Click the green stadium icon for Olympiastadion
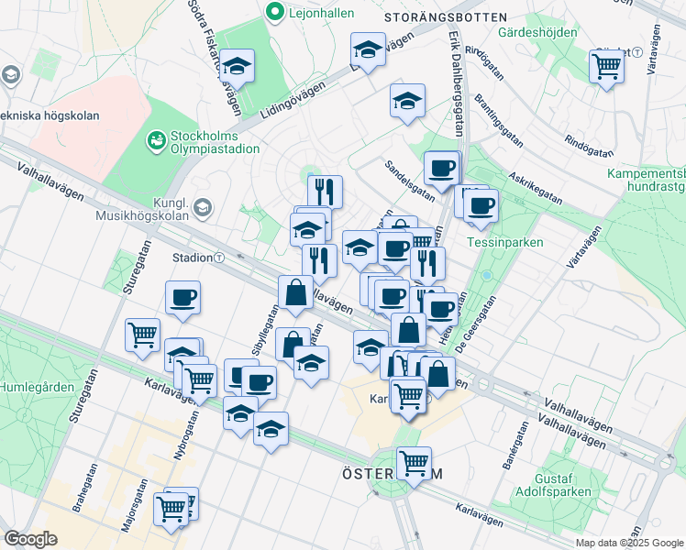click(158, 140)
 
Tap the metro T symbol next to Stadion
click(219, 258)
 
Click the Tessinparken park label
click(504, 243)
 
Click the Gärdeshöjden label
click(537, 32)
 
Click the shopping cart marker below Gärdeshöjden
click(606, 65)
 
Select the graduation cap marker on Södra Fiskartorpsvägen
click(237, 66)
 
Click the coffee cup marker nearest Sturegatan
click(183, 297)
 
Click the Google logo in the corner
click(30, 538)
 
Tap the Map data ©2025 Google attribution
click(628, 543)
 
